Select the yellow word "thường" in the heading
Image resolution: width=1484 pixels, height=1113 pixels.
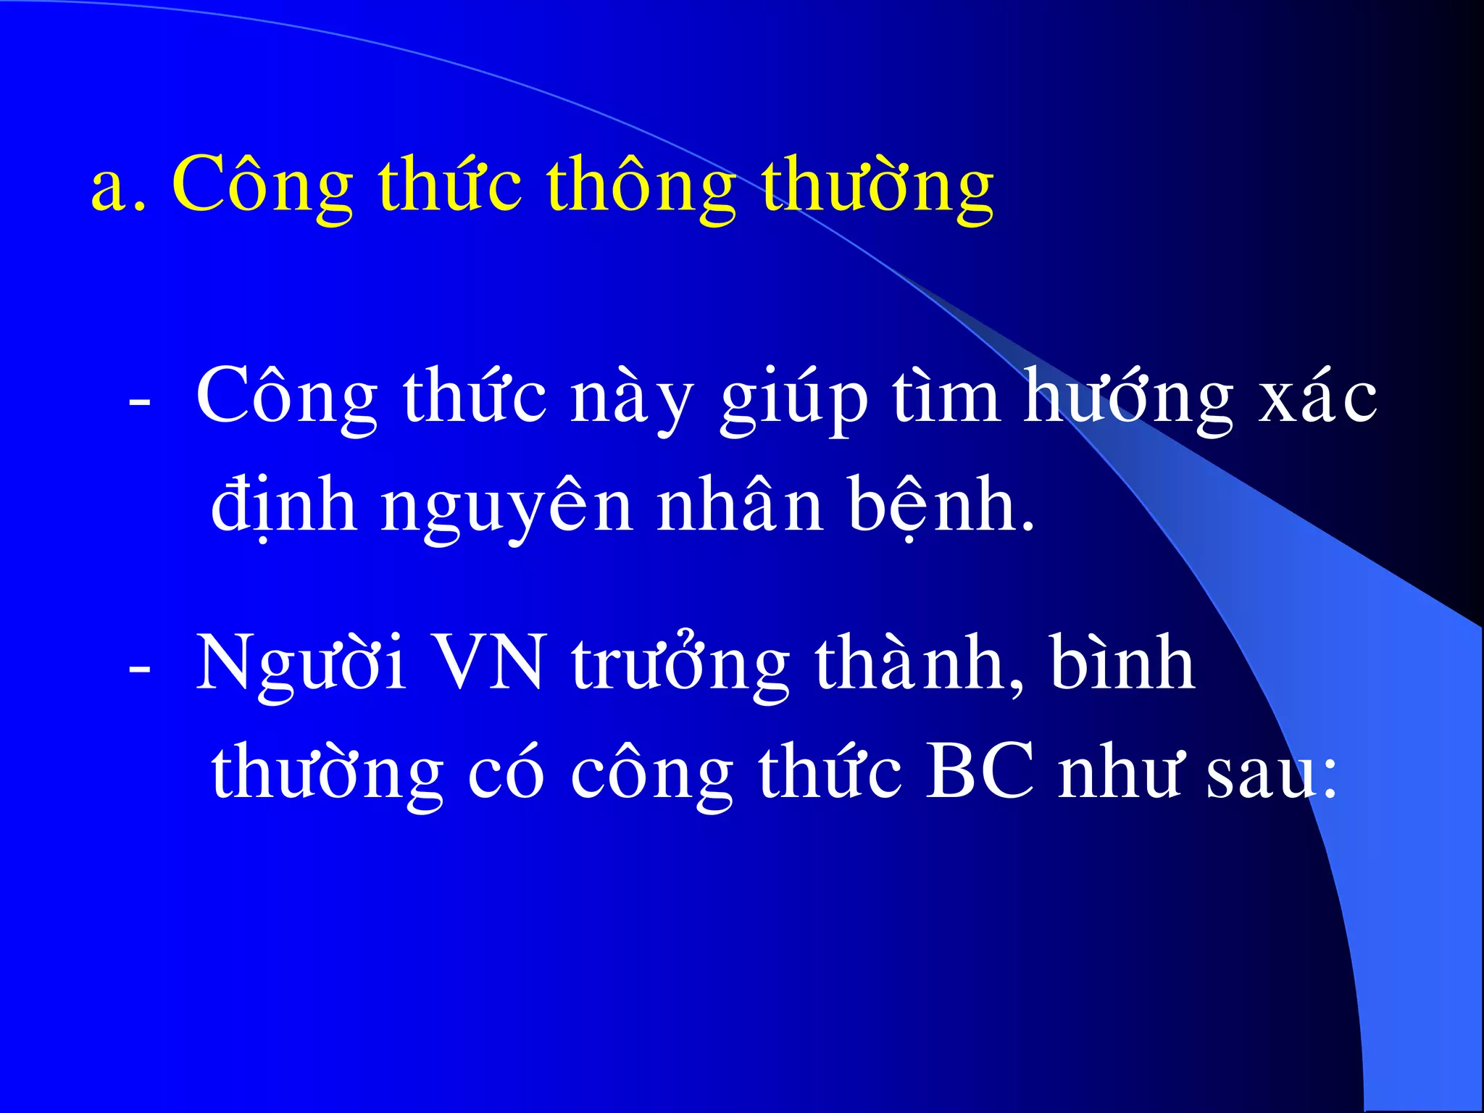pyautogui.click(x=877, y=187)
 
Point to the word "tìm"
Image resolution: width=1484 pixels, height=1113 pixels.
pyautogui.click(x=946, y=397)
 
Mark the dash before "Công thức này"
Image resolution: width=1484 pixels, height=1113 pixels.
pyautogui.click(x=139, y=402)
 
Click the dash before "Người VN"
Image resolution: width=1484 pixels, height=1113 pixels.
pyautogui.click(x=139, y=668)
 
